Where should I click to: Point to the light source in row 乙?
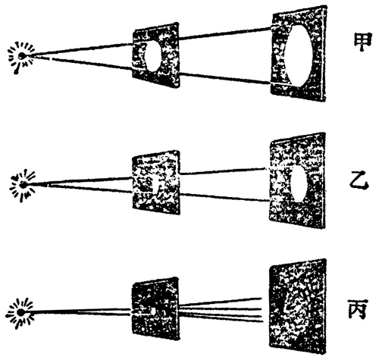tap(23, 185)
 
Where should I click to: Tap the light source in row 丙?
tap(20, 313)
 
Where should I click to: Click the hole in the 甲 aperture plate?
tap(153, 56)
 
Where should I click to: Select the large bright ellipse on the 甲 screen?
tap(299, 55)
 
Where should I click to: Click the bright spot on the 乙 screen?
tap(299, 183)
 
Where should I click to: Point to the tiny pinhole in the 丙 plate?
tap(153, 311)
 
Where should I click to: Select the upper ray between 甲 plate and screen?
tap(225, 34)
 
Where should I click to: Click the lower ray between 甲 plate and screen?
tap(225, 78)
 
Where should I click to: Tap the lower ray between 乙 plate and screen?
tap(225, 197)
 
